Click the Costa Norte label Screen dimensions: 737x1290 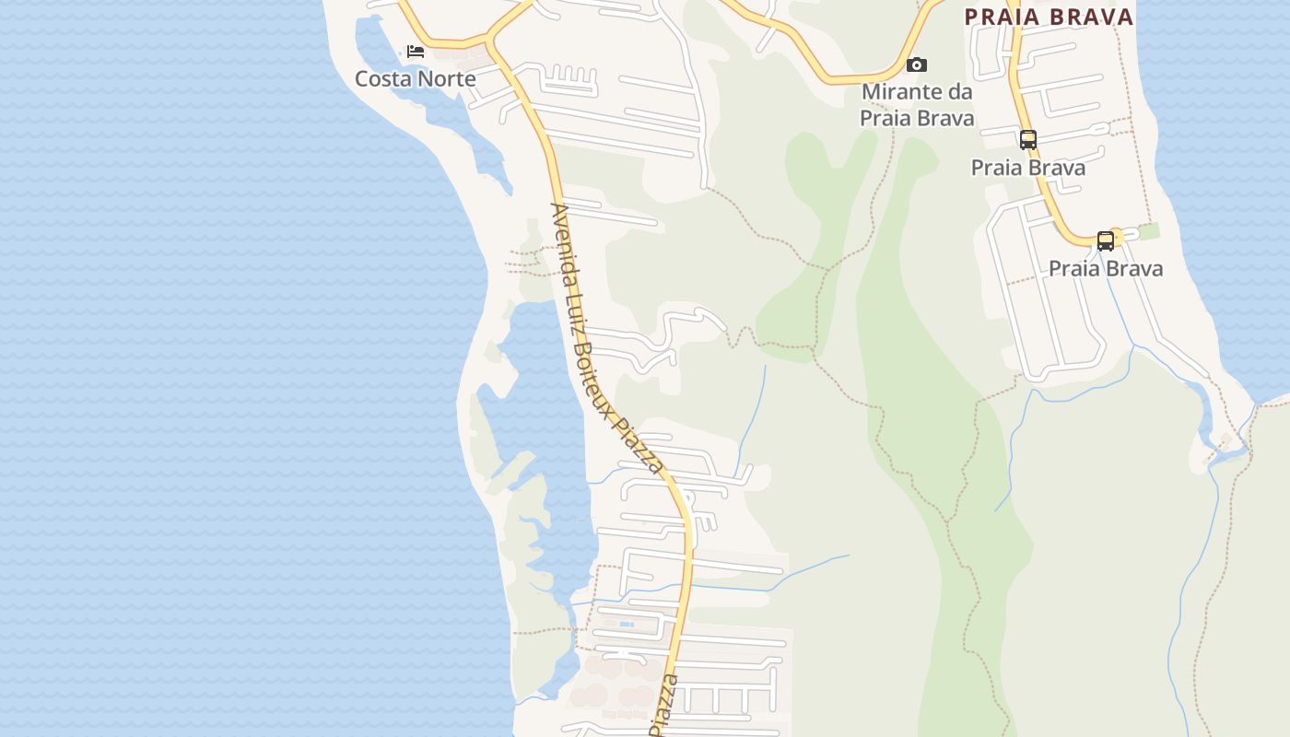pos(415,79)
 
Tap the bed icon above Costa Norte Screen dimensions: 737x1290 pos(416,52)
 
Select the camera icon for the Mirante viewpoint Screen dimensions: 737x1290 pos(916,64)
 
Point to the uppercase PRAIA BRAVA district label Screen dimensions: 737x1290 pos(1049,17)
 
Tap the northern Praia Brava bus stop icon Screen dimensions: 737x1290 pos(1028,140)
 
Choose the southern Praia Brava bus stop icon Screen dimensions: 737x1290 pos(1105,241)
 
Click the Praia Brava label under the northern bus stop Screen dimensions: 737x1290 pos(1028,168)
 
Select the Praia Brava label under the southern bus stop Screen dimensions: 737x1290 pos(1106,269)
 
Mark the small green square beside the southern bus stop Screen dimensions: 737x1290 pos(1148,231)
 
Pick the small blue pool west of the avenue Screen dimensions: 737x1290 pos(627,625)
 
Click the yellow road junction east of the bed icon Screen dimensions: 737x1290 pos(488,41)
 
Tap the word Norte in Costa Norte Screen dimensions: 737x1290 pos(445,79)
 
